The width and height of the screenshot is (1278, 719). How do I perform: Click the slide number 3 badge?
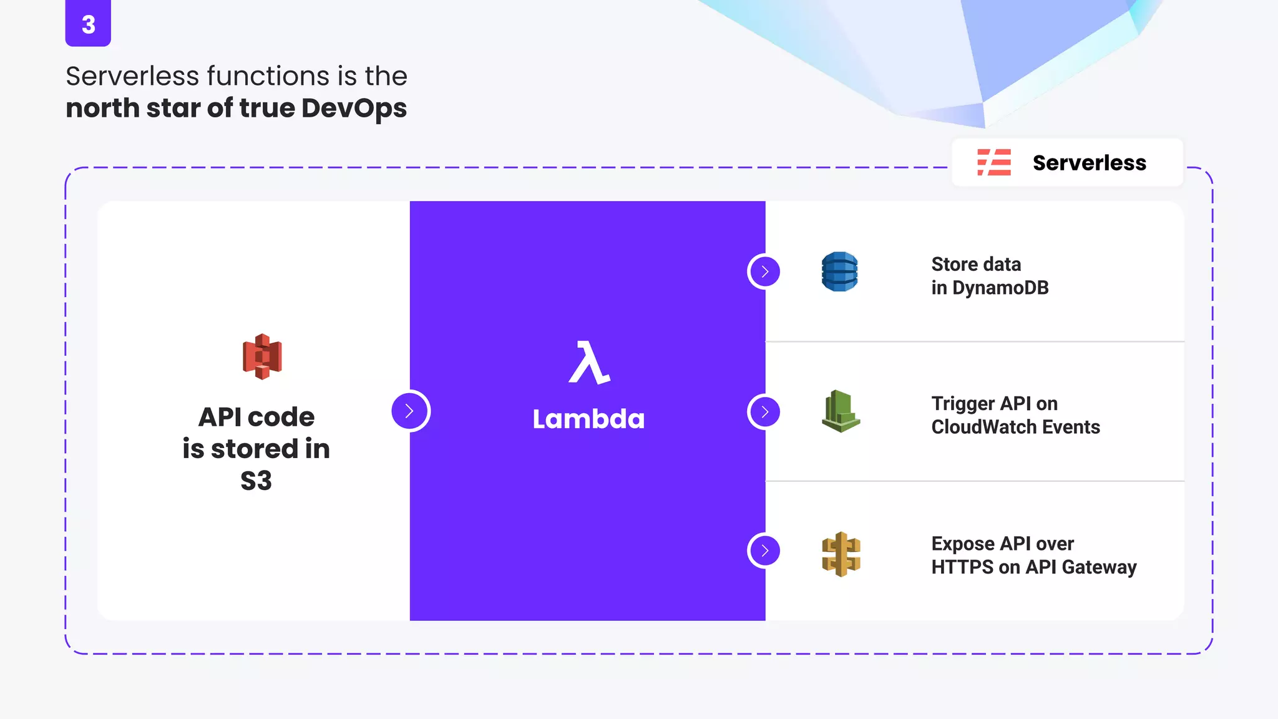88,24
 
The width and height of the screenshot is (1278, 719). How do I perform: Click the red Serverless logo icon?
994,162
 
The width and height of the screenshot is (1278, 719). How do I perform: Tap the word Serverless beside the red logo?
1089,163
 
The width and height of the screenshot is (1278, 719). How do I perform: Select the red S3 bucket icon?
262,356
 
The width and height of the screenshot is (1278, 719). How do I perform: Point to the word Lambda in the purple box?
588,419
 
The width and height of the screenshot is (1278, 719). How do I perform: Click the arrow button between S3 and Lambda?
410,411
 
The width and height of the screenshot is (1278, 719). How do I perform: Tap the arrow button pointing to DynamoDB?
764,271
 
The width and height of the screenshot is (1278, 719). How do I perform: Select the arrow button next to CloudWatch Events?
764,412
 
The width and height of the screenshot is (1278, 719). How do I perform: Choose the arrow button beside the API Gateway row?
764,550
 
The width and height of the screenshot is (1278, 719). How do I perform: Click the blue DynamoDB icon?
840,271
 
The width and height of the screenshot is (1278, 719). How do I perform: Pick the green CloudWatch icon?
841,411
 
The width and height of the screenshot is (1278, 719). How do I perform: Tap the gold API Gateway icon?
841,554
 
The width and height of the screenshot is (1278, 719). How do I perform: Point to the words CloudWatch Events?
1015,427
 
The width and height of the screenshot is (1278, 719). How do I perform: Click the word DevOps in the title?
354,108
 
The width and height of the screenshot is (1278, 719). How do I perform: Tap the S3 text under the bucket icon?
256,481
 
